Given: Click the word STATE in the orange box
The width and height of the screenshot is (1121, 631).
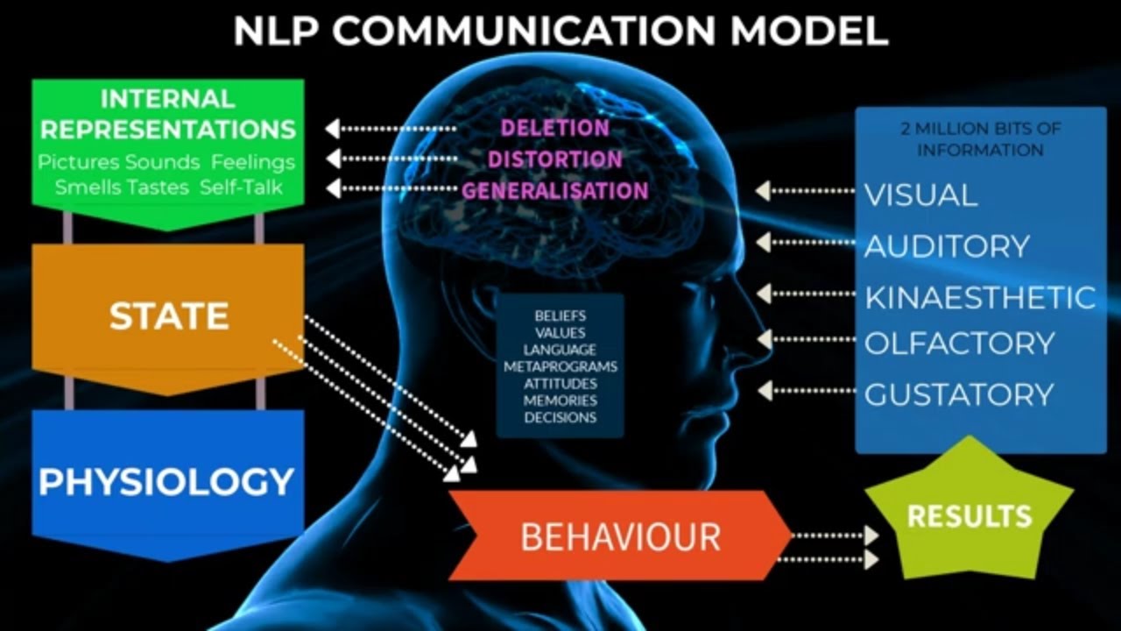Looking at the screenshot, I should [169, 316].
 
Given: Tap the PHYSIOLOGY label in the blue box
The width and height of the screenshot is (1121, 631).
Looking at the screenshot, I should [166, 481].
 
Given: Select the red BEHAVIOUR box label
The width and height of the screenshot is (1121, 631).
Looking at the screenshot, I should [620, 535].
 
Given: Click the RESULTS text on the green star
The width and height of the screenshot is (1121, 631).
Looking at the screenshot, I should [969, 515].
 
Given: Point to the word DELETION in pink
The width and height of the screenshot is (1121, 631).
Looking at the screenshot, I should [554, 128].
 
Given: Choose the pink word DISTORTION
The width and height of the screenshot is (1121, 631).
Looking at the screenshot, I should [554, 160].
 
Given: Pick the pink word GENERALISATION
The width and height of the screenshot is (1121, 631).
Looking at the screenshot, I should [554, 190].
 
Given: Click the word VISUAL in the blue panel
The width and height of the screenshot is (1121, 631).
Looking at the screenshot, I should [920, 195].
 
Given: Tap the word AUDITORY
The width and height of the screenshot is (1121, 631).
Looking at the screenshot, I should [947, 246].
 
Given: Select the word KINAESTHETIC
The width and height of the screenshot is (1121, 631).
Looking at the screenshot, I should [980, 297].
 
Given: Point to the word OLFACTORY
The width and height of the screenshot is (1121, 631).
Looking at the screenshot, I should [959, 343].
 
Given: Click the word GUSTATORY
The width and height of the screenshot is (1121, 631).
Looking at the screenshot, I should [958, 394].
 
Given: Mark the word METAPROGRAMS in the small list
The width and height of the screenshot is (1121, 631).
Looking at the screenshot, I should [560, 366].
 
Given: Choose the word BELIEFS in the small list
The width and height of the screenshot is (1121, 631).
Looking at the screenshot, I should [560, 315].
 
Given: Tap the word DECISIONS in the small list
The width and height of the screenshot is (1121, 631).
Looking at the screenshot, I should [560, 417].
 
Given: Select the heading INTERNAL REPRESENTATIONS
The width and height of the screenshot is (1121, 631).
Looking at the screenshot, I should [167, 114].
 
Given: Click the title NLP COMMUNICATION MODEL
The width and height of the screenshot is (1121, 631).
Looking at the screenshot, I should [560, 32].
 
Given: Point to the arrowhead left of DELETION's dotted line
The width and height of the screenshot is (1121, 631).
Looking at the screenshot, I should [332, 129].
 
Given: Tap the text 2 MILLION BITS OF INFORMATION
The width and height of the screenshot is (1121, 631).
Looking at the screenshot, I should [980, 139].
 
